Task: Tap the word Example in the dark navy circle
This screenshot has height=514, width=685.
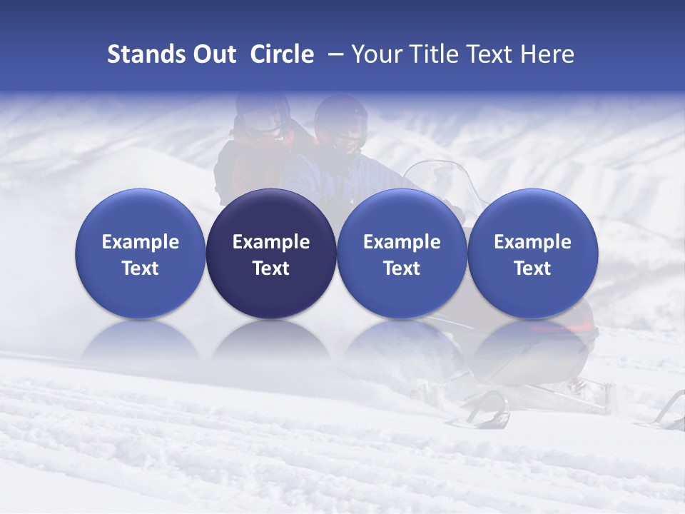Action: (271, 242)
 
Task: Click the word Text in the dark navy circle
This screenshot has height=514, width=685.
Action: (271, 268)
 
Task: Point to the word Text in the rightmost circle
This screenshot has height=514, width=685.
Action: (532, 268)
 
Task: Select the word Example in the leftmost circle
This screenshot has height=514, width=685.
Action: (141, 242)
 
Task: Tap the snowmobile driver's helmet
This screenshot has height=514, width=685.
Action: (341, 121)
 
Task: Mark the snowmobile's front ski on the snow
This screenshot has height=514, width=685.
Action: (492, 410)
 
